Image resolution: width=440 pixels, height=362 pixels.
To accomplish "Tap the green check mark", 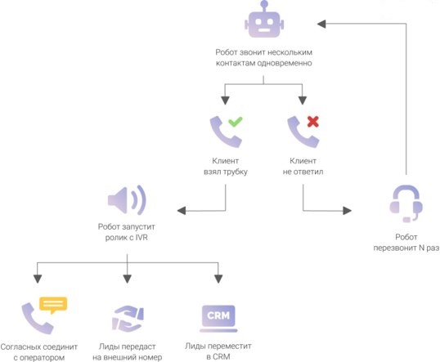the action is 236,122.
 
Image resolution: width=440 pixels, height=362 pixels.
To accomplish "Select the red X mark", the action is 313,122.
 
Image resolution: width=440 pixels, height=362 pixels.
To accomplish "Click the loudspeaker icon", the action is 127,200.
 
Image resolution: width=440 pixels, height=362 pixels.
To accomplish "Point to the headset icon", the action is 406,203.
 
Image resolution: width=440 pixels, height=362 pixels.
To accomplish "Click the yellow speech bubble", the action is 53,305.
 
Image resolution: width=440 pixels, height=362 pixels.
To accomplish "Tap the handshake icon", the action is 128,319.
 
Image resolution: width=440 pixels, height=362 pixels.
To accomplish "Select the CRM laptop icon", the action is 218,319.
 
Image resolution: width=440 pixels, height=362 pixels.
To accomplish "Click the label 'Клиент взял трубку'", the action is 226,166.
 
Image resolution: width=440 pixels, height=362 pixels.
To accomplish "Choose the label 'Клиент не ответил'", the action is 303,166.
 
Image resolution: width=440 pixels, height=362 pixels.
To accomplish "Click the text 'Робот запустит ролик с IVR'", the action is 126,232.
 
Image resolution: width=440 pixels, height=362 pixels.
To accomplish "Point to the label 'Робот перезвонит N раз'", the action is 406,243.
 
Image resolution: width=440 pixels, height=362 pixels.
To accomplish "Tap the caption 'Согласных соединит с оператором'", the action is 39,352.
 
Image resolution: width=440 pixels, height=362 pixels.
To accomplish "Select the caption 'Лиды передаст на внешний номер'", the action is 127,352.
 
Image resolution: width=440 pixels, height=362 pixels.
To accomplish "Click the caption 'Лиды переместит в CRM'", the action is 218,351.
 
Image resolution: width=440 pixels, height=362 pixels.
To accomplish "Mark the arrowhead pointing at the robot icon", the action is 321,24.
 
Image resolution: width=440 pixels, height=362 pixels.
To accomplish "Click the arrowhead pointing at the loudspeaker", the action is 182,211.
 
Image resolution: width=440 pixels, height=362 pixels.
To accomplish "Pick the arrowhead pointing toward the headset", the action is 347,211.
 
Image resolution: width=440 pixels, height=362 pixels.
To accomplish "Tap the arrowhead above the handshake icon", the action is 127,279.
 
